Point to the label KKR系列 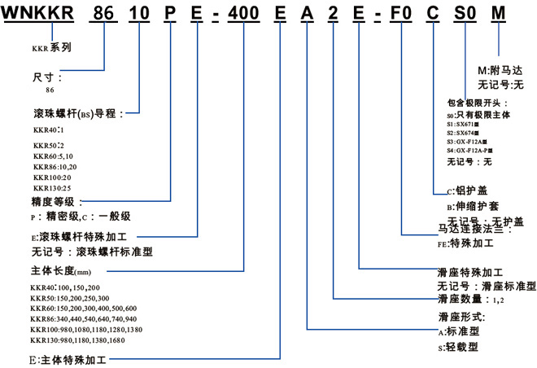(x=51, y=47)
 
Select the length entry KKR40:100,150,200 (x=68, y=287)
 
